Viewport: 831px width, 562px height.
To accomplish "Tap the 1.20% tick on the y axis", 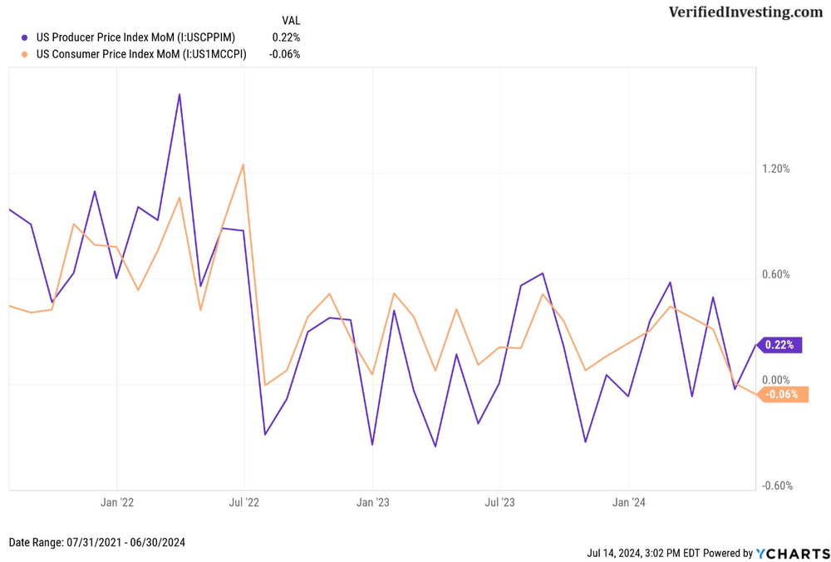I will [775, 169].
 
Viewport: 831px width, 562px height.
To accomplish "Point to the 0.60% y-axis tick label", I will [775, 275].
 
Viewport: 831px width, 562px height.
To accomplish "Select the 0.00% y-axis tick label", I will [775, 380].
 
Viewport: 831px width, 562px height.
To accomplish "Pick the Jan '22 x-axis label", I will [116, 502].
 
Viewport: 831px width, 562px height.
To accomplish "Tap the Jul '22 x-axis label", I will [244, 502].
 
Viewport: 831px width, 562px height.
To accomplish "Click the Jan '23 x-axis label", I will [372, 502].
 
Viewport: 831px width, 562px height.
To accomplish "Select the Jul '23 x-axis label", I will [499, 502].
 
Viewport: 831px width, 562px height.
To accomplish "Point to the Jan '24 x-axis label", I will [628, 502].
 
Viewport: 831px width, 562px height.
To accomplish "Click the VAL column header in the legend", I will [291, 20].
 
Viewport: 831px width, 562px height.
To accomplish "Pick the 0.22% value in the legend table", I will [286, 37].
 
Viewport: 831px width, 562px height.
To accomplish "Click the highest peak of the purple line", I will [179, 94].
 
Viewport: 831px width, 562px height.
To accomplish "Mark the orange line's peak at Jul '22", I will [243, 164].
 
